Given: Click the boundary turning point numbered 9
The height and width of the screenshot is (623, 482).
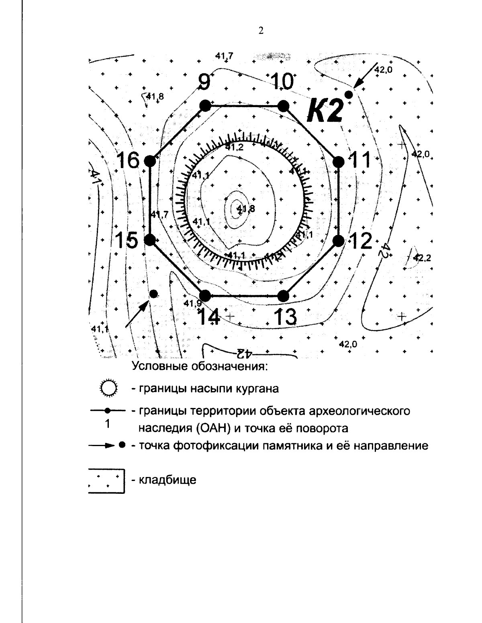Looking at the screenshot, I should tap(205, 106).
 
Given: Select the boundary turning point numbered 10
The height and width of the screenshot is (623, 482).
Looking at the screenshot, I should tap(284, 106).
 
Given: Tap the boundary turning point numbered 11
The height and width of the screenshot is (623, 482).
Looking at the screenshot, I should tap(339, 161).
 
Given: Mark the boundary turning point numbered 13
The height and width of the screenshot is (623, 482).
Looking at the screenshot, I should tap(284, 296).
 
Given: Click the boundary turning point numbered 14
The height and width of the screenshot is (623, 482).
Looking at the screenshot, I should tap(205, 296).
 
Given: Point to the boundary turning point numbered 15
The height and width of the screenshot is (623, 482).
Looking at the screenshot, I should tap(150, 240).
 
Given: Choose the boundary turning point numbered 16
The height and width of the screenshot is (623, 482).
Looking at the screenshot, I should tap(150, 161).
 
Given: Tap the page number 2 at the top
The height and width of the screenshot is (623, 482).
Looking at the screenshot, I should tap(261, 31).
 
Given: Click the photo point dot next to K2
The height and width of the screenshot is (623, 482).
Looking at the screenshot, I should tap(349, 95).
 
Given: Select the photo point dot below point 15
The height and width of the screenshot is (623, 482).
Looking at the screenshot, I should tap(153, 294).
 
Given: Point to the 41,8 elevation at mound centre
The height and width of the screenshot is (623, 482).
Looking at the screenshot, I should tap(246, 208).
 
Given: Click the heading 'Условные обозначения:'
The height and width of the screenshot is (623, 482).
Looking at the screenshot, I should tap(200, 366).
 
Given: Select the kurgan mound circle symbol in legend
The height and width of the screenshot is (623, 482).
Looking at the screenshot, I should tap(108, 389).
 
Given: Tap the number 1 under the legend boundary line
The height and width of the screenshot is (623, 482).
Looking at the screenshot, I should tap(107, 424).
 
